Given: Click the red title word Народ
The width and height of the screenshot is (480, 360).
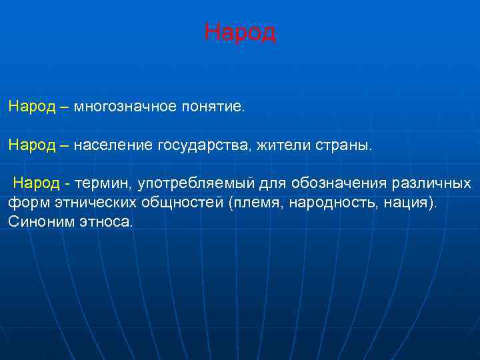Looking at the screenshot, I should (239, 32).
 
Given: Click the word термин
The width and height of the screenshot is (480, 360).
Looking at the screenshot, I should (104, 183).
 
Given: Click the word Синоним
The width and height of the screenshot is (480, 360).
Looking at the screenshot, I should (37, 221).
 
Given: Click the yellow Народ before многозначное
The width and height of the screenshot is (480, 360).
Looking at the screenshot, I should (32, 107).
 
